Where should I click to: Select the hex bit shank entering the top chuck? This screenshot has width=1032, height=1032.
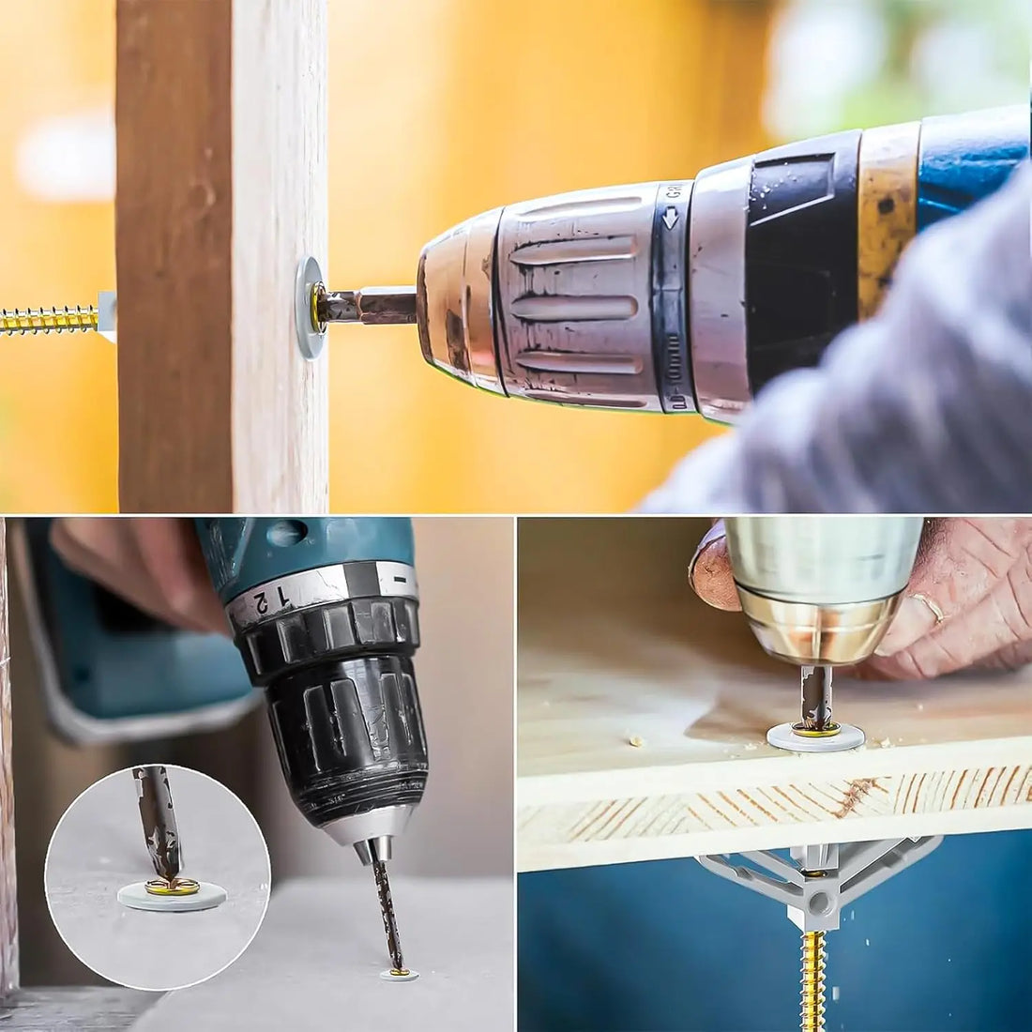pyautogui.click(x=375, y=306)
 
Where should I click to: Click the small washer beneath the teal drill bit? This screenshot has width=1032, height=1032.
pyautogui.click(x=400, y=976)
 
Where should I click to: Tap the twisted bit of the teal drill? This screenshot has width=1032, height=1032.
pyautogui.click(x=386, y=901)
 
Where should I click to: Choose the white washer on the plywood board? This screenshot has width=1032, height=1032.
pyautogui.click(x=815, y=736)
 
